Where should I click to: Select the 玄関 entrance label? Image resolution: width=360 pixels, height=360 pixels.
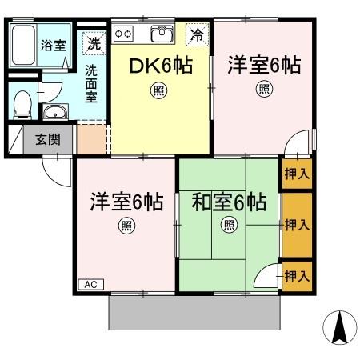point(46,140)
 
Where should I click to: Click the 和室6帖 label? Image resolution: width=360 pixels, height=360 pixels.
point(228,202)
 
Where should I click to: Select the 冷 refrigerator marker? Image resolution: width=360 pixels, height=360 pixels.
point(196,34)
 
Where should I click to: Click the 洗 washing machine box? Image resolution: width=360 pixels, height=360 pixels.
point(94,42)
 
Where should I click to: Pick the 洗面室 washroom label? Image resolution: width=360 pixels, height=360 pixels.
point(93,82)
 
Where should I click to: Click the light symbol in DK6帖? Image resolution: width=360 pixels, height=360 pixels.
point(160,90)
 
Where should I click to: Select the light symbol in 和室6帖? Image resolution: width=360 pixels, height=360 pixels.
point(230,225)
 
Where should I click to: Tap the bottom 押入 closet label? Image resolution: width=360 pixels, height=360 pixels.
point(297,276)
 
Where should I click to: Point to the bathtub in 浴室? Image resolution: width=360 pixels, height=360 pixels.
point(22,47)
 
